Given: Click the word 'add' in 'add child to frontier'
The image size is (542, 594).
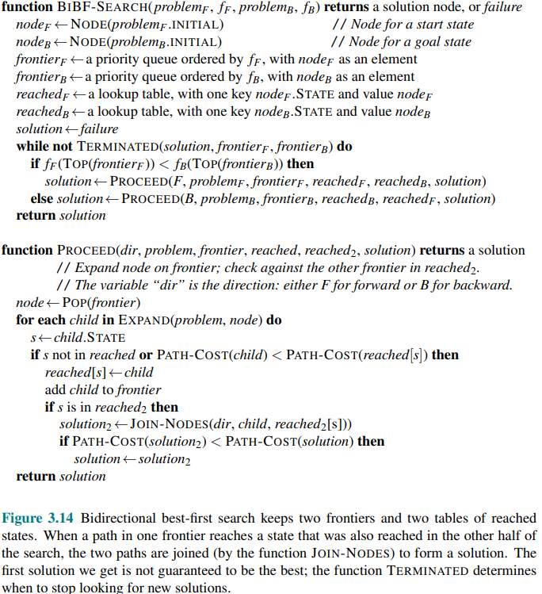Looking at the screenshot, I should pos(55,389).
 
